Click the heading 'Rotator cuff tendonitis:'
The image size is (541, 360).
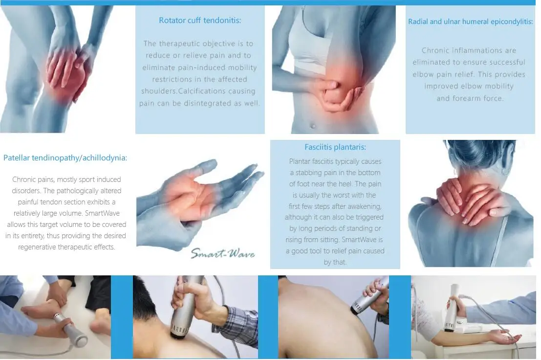(x=200, y=21)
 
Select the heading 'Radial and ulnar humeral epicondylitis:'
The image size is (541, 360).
(x=470, y=22)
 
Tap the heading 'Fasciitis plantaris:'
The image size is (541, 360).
(x=335, y=147)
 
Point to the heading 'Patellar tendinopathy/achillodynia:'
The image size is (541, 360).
(x=65, y=158)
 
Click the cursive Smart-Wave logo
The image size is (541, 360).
(x=223, y=254)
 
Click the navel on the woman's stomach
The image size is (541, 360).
(x=313, y=126)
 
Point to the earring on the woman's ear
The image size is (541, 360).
(x=506, y=171)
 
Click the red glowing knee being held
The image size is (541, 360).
(x=67, y=74)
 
